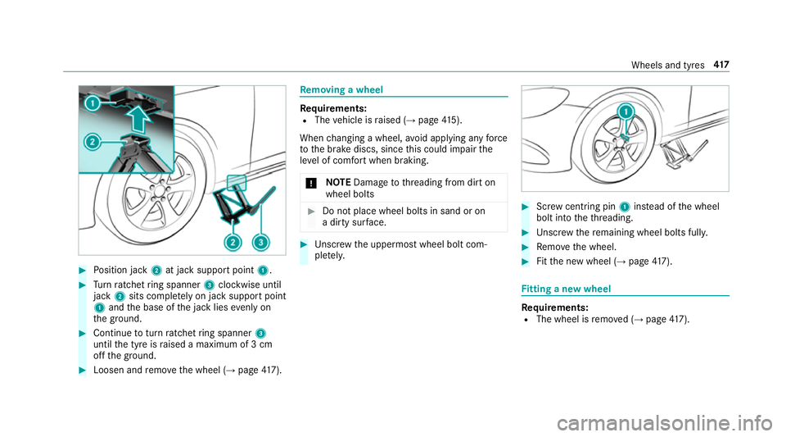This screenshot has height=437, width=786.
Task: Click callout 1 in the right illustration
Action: [x=625, y=111]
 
